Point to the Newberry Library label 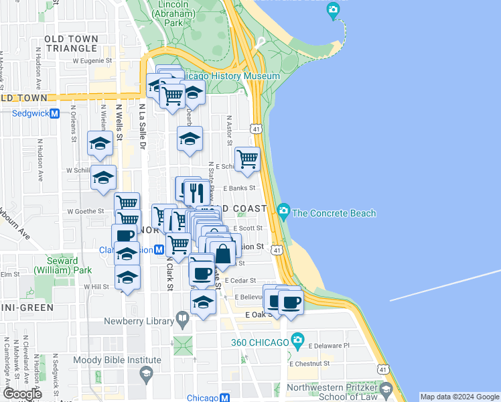pyautogui.click(x=139, y=322)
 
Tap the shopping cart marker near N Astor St pyautogui.click(x=247, y=159)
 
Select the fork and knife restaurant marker pyautogui.click(x=196, y=193)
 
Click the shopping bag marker pyautogui.click(x=223, y=253)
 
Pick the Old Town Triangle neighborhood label pyautogui.click(x=71, y=44)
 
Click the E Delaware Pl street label pyautogui.click(x=329, y=346)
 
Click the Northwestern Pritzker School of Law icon pyautogui.click(x=386, y=389)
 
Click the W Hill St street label pyautogui.click(x=96, y=286)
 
